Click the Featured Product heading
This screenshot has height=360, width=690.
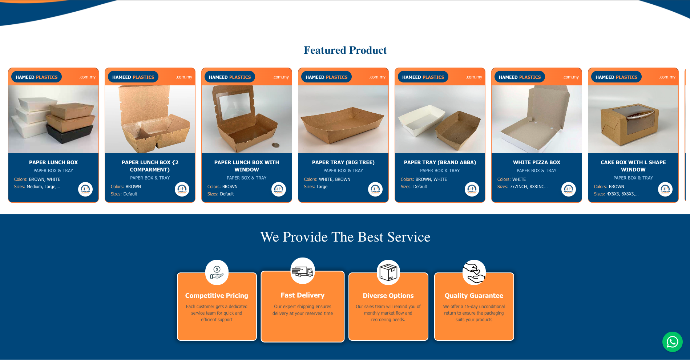point(345,50)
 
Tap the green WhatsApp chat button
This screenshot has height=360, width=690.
point(672,342)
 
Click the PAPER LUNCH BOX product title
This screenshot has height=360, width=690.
point(53,162)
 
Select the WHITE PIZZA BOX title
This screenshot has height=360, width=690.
point(537,162)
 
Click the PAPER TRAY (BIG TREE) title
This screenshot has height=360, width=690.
point(343,162)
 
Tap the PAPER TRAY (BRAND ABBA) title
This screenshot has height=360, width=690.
point(440,162)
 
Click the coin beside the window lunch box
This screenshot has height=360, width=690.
point(276,145)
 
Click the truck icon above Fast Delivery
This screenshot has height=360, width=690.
point(302,271)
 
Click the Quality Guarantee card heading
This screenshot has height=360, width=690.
point(474,296)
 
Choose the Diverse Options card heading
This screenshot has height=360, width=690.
point(388,296)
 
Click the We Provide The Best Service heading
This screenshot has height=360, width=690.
point(345,237)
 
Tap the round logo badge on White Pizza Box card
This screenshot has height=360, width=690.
point(569,189)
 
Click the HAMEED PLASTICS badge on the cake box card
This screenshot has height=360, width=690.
point(616,77)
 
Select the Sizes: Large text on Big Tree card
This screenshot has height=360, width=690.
point(316,187)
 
